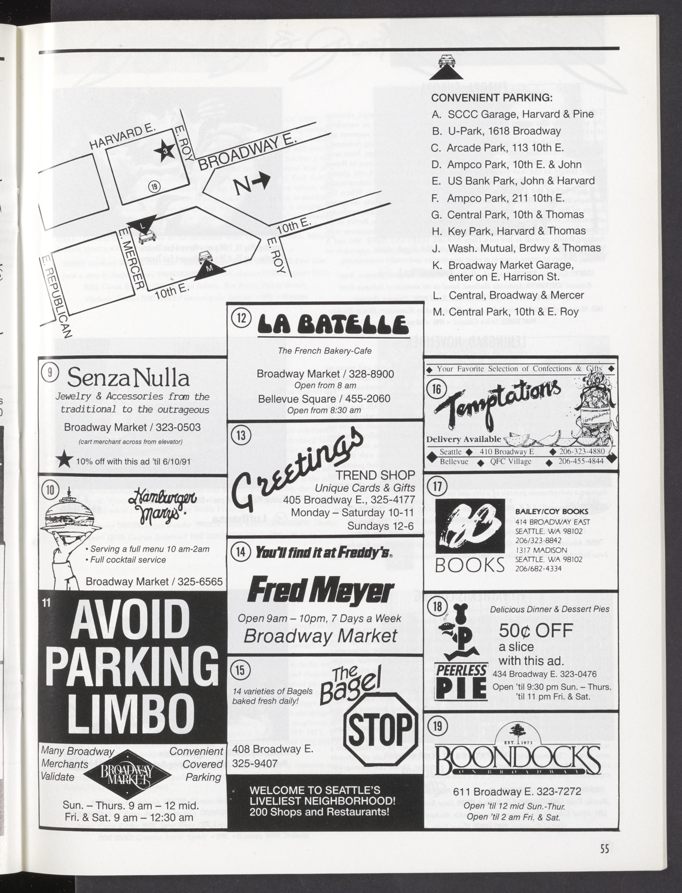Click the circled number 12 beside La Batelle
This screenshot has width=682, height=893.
pyautogui.click(x=241, y=317)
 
